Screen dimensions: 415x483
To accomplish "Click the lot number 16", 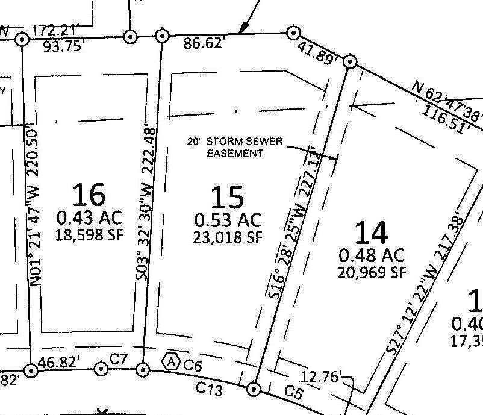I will coord(89,195).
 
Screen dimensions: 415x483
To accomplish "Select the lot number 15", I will coord(228,197).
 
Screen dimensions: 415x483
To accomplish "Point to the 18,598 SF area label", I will coord(89,234).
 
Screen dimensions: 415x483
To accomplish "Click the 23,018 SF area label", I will coord(228,237).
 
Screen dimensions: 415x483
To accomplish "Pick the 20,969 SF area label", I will coord(371,272).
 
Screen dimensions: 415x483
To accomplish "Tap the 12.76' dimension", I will coord(322,378).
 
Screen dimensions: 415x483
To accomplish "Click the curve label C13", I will coord(210,390).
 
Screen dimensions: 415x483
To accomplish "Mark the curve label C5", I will coord(293,392).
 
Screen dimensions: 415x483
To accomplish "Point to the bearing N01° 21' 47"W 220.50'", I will coord(34,208).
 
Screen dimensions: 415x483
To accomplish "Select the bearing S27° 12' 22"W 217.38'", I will coord(426,283).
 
